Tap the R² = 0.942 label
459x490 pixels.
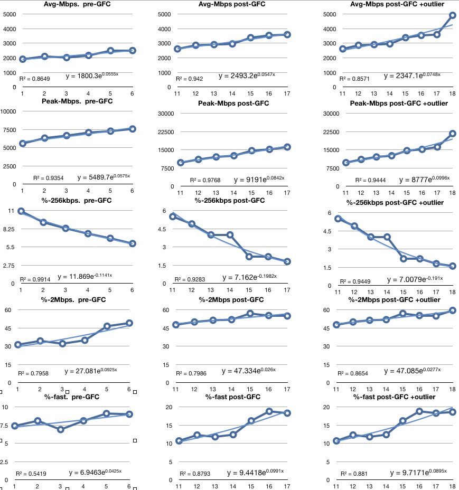point(192,78)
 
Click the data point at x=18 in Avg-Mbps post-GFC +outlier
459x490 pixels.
point(453,15)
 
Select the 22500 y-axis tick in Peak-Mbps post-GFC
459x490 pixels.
point(166,131)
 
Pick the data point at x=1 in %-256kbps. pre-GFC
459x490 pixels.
point(21,211)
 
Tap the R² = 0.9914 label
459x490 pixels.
point(35,279)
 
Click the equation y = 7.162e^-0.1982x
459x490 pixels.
point(254,277)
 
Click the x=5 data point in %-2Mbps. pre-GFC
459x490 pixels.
point(107,326)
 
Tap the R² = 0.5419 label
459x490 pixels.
point(31,474)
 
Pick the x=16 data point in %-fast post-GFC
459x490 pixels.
point(268,411)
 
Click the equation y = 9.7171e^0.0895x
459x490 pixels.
point(418,472)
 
